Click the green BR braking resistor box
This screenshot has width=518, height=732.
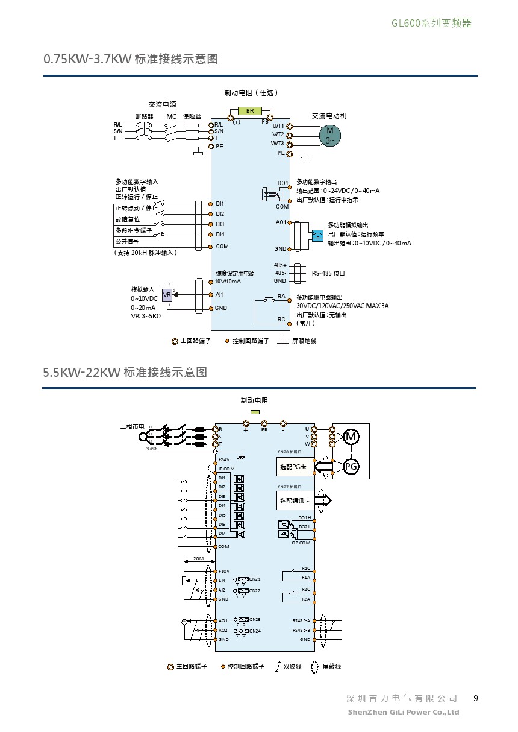tap(250, 111)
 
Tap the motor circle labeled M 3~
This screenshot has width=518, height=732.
tap(329, 135)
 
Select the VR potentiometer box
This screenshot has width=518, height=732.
tap(167, 295)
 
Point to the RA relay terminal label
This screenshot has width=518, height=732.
tap(281, 296)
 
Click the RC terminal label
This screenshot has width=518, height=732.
tap(281, 320)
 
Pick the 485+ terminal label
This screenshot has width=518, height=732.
tap(280, 265)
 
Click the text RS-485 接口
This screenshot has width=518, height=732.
tap(328, 273)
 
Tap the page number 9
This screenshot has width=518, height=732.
tap(476, 698)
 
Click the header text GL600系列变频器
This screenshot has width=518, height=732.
tap(431, 23)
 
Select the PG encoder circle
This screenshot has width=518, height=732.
tap(351, 465)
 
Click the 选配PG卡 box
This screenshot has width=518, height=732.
tap(293, 467)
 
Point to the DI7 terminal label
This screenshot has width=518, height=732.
tap(222, 533)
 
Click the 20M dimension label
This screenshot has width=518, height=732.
tap(199, 559)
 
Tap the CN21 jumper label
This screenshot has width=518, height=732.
tap(255, 579)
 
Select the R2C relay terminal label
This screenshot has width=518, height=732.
tap(306, 589)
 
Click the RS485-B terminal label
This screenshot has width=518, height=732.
tap(301, 630)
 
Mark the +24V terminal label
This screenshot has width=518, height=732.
tap(224, 459)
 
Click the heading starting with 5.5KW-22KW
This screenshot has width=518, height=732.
tap(125, 372)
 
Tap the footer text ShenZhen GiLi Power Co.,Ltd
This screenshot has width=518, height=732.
tap(404, 712)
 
